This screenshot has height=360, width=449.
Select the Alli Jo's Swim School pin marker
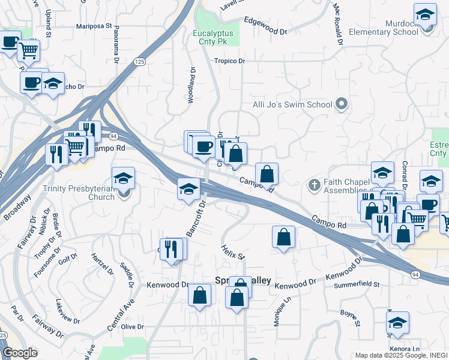(x=342, y=104)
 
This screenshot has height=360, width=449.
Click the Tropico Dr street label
(x=230, y=61)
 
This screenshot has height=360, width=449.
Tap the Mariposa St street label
(x=94, y=26)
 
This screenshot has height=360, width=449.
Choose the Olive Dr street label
(x=133, y=327)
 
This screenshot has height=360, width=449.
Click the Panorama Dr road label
(x=115, y=44)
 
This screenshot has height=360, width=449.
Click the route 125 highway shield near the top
(x=139, y=62)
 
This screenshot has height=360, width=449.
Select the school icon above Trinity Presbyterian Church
(x=123, y=178)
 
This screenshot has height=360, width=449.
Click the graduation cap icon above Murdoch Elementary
(x=425, y=14)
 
